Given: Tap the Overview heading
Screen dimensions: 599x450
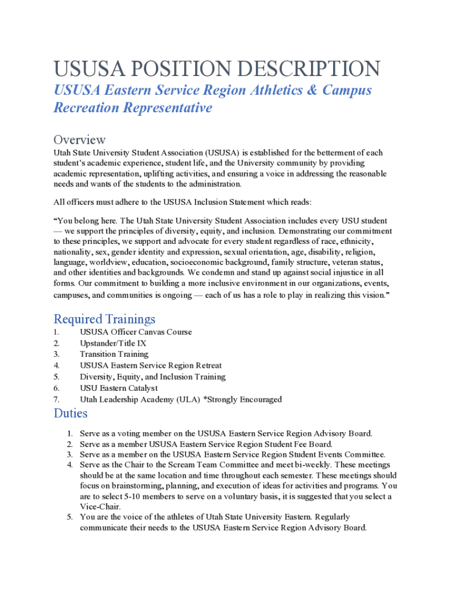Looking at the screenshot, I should [x=79, y=139].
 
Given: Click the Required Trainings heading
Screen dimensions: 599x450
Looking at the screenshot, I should [x=105, y=319].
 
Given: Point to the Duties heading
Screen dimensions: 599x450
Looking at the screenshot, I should [x=71, y=413].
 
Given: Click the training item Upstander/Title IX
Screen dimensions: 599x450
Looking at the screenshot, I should [x=113, y=343].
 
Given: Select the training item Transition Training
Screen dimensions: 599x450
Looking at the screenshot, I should [x=114, y=354].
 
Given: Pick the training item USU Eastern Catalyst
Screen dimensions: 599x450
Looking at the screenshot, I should [x=119, y=388].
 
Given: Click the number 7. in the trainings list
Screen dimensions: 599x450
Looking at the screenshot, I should [x=57, y=400].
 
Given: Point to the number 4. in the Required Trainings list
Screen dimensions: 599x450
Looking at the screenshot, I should [x=57, y=366].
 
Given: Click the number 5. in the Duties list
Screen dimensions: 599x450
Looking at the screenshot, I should [x=69, y=517].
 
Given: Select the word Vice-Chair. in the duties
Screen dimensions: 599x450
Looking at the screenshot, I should [x=101, y=507].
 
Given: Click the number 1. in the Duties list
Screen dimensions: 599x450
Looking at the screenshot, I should [x=69, y=434].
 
